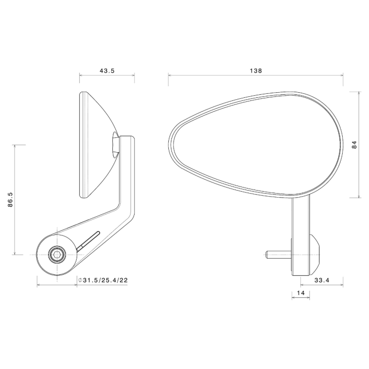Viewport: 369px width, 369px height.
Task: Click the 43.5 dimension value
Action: tap(107, 71)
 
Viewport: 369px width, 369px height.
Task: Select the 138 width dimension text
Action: tap(256, 71)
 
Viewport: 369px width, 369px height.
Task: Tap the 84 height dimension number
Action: tap(354, 145)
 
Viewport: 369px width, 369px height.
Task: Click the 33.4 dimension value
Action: tap(322, 280)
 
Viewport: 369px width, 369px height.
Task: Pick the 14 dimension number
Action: tap(300, 292)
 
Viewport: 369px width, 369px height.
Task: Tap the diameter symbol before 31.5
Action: tap(81, 280)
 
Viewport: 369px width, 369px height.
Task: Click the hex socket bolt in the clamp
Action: tap(57, 255)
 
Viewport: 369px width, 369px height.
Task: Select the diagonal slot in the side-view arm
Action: tap(88, 240)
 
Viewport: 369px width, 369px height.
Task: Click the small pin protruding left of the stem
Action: tap(277, 255)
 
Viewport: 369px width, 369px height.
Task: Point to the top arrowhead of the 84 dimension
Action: tap(359, 93)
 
